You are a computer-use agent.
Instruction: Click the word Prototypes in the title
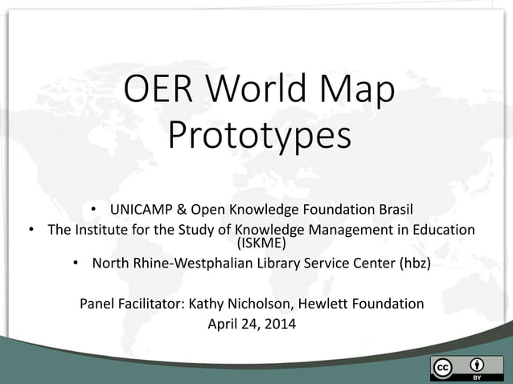coord(259,136)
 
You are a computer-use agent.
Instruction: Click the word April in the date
coord(224,325)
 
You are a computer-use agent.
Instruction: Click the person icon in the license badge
coord(477,364)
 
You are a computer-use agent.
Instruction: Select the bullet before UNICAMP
coord(93,210)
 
